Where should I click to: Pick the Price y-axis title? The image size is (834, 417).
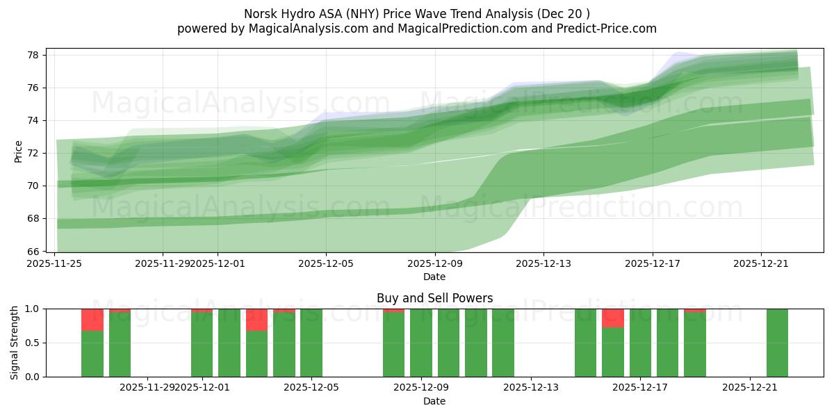coord(19,151)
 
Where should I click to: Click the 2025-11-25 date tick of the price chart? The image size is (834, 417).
coord(55,263)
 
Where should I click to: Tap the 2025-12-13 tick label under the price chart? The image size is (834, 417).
coord(543,263)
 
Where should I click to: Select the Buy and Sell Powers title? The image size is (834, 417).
coord(434,298)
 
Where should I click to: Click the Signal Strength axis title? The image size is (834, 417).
coord(15,343)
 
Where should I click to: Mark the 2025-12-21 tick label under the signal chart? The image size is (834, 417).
coord(750,388)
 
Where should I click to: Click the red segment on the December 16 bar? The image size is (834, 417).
coord(613,318)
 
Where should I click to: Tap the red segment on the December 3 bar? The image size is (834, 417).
coord(256,320)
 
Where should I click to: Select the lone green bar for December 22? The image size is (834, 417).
coord(777,343)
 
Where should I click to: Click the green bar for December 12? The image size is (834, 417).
coord(503,343)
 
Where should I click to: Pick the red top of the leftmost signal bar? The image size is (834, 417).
coord(92,320)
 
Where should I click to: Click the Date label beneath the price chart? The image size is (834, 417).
coord(434,277)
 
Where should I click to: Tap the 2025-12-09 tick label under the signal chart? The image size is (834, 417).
coord(421,388)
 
